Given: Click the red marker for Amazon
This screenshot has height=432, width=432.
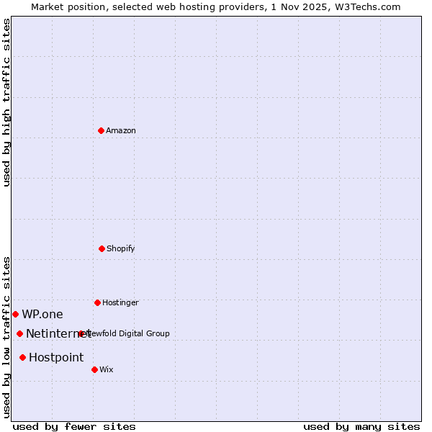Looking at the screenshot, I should click(101, 130).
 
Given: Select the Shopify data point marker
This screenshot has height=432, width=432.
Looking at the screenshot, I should click(102, 248).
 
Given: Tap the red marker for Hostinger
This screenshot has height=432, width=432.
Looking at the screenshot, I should click(97, 302).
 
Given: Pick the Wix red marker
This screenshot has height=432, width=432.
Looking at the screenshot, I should click(94, 369).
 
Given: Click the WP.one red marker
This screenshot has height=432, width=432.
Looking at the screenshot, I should click(15, 314).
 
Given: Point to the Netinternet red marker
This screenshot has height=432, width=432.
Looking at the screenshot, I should click(19, 333).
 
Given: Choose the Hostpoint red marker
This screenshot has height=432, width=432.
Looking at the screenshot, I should click(22, 357).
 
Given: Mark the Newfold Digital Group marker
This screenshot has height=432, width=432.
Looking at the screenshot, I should click(81, 333).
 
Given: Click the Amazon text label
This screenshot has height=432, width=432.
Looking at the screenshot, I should click(121, 130).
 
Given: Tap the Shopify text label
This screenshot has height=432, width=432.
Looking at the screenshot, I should click(121, 248).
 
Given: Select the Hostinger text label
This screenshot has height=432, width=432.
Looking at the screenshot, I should click(120, 302).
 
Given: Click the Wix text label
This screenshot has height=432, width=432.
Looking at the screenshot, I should click(107, 369).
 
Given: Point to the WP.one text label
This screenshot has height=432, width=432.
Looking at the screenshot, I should click(42, 314).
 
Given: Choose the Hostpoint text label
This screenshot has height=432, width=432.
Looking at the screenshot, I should click(56, 357).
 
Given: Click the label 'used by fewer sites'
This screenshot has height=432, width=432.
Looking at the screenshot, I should click(74, 426).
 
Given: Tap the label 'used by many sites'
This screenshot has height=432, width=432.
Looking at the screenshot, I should click(361, 426).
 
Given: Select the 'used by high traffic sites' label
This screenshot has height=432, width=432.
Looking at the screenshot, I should click(6, 103).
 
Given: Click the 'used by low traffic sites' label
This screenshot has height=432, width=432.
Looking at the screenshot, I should click(6, 336).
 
